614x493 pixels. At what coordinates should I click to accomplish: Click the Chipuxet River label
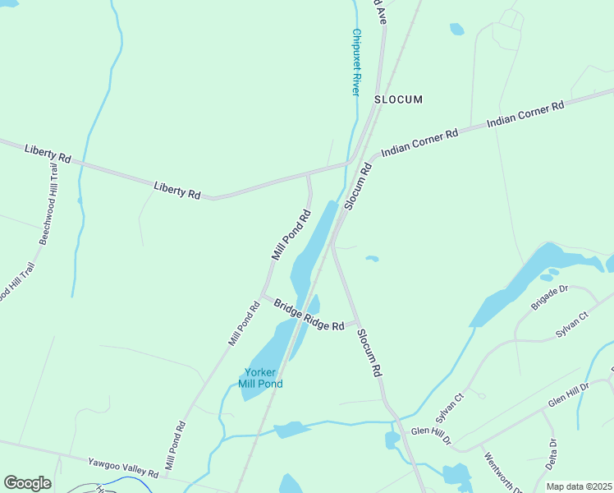[x=356, y=62]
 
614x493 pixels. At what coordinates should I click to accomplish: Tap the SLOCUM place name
[x=398, y=99]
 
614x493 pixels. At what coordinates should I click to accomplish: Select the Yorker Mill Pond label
[x=260, y=378]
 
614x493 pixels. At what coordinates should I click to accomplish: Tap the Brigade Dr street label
[x=549, y=297]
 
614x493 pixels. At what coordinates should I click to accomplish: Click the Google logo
[x=27, y=483]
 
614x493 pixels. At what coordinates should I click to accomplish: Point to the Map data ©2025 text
[x=579, y=486]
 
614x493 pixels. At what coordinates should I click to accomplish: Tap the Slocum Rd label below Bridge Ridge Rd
[x=370, y=352]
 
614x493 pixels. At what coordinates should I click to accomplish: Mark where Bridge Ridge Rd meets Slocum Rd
[x=355, y=322]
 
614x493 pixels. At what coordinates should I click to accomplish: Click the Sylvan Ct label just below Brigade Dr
[x=572, y=325]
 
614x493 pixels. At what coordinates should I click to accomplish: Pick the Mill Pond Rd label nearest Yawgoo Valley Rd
[x=175, y=446]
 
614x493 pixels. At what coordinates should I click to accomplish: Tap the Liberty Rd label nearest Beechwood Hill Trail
[x=48, y=152]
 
